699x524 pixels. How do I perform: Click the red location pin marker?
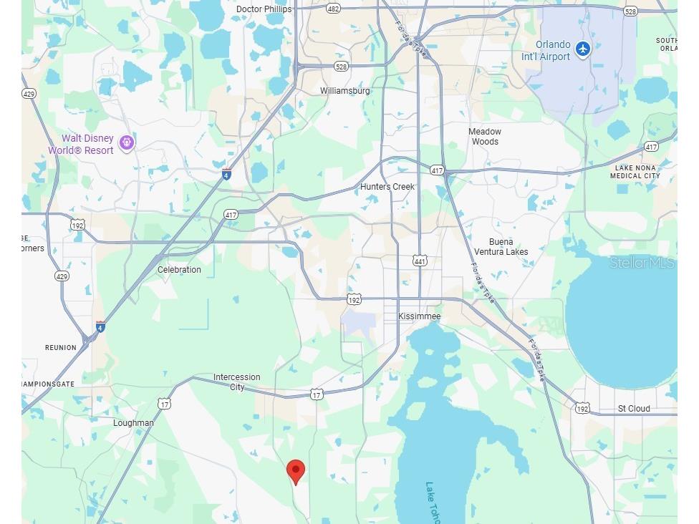pyautogui.click(x=296, y=472)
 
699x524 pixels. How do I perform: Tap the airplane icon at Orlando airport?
pyautogui.click(x=583, y=49)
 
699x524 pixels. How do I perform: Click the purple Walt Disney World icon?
pyautogui.click(x=127, y=143)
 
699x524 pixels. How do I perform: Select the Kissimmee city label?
pyautogui.click(x=420, y=316)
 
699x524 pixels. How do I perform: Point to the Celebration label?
pyautogui.click(x=179, y=270)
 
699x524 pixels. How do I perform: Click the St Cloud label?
pyautogui.click(x=634, y=409)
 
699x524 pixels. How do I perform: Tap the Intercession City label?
pyautogui.click(x=237, y=382)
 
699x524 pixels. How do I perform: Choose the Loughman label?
pyautogui.click(x=133, y=423)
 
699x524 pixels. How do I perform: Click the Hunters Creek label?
pyautogui.click(x=387, y=187)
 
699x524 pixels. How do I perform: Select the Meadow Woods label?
pyautogui.click(x=485, y=137)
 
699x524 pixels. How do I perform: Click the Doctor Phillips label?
pyautogui.click(x=264, y=9)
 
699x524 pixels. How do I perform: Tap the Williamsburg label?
pyautogui.click(x=345, y=91)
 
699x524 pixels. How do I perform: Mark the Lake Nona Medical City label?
pyautogui.click(x=635, y=172)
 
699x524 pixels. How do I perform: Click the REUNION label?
pyautogui.click(x=61, y=348)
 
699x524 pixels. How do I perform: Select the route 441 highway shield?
pyautogui.click(x=420, y=261)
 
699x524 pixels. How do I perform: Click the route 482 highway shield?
pyautogui.click(x=333, y=9)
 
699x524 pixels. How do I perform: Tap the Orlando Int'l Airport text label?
pyautogui.click(x=553, y=51)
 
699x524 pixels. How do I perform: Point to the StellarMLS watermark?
pyautogui.click(x=642, y=263)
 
